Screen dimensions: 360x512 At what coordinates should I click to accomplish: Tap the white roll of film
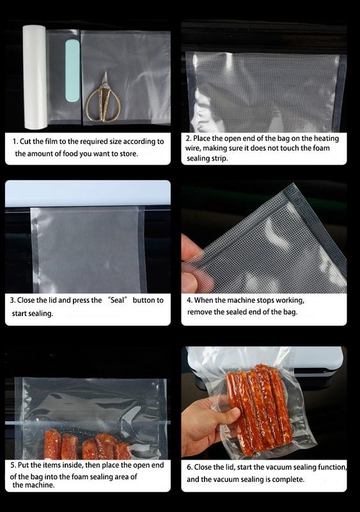[35, 77]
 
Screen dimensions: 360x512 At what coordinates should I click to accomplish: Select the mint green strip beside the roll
[72, 70]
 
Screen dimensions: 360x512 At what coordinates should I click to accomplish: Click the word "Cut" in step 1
[25, 141]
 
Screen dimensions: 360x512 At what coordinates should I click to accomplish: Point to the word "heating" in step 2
[326, 138]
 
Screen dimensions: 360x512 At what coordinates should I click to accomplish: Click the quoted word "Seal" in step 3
[117, 300]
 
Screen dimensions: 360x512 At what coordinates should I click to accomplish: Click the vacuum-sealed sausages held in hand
[260, 410]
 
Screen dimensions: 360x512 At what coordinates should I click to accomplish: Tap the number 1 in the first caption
[15, 141]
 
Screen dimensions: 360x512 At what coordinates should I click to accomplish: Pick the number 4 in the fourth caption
[189, 300]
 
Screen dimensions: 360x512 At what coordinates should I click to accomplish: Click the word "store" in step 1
[129, 154]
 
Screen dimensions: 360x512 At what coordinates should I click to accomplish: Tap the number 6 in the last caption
[189, 467]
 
